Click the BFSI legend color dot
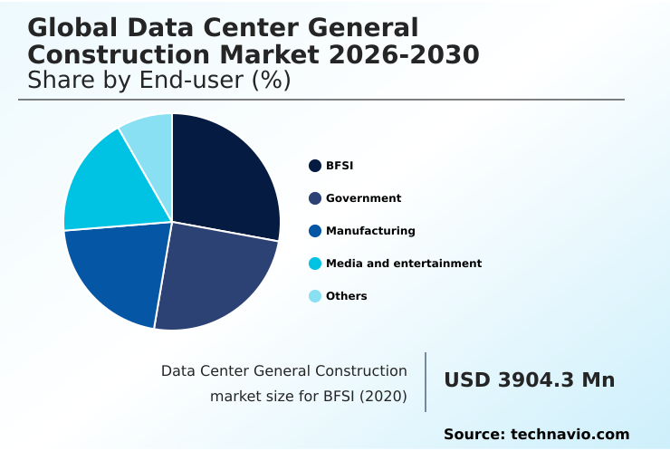(315, 166)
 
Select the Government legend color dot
(315, 198)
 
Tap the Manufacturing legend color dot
(315, 231)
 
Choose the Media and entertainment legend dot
(315, 264)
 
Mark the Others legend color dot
(315, 296)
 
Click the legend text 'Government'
(363, 198)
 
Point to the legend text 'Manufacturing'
(370, 231)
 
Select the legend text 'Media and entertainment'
(404, 264)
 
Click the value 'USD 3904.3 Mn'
(529, 380)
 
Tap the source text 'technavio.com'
(569, 435)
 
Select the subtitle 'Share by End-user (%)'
(158, 81)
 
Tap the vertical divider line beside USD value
(426, 382)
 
